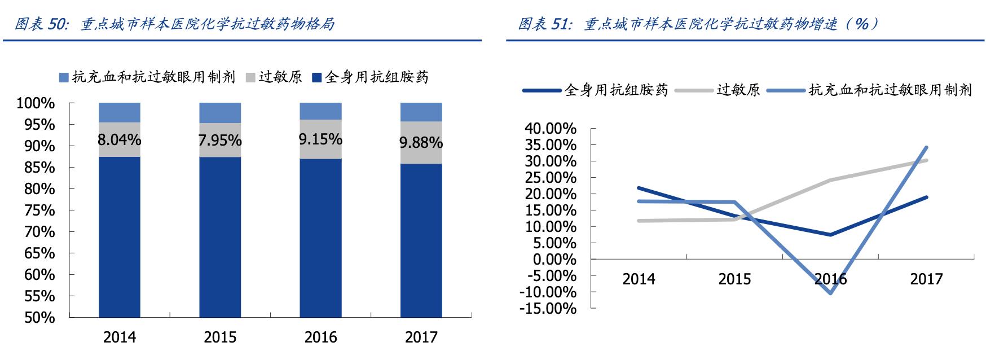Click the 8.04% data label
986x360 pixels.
[x=119, y=139]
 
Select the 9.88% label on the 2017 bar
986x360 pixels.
[x=421, y=142]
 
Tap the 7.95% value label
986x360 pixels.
[x=219, y=140]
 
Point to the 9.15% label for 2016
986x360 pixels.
[x=320, y=139]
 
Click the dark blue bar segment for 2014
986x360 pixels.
[x=119, y=237]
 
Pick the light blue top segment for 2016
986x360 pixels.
[x=320, y=111]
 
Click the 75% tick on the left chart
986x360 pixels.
[x=39, y=210]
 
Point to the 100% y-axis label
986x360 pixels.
[x=36, y=103]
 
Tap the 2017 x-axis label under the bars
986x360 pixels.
[x=421, y=337]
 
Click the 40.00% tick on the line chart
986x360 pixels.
[x=550, y=129]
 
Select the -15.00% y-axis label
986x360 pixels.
[x=548, y=309]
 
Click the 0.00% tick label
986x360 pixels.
[x=554, y=260]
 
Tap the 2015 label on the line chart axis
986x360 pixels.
[x=734, y=279]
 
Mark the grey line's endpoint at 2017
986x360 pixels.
[x=926, y=160]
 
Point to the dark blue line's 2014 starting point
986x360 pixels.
[x=639, y=188]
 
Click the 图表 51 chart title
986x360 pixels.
[x=698, y=24]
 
